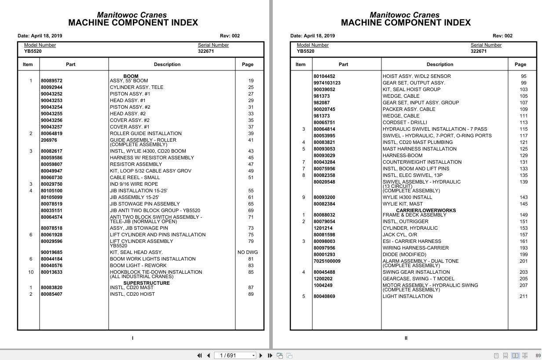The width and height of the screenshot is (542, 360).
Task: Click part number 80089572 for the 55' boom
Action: point(51,81)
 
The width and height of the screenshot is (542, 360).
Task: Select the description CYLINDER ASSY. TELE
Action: point(136,87)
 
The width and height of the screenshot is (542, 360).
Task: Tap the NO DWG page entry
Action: point(248,253)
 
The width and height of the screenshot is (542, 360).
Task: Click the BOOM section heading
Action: point(131,76)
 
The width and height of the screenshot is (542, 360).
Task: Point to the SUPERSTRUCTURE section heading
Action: point(146,283)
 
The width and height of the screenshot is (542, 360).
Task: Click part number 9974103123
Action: point(327,83)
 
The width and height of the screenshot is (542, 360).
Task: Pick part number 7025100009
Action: point(327,261)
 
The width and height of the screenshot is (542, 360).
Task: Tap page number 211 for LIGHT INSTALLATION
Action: point(524,297)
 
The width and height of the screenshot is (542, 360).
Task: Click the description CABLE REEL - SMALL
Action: point(135,178)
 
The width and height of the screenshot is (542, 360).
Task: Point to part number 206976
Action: point(49,140)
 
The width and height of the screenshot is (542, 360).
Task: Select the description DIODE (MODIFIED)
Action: point(404,255)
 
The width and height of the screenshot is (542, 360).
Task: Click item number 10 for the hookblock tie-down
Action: point(31,272)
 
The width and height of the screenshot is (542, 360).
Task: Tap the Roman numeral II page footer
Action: point(406,338)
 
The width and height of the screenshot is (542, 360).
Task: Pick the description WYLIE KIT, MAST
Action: point(402,204)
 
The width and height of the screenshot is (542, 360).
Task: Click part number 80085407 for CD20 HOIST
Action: point(51,294)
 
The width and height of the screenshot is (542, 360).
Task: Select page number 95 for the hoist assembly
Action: point(524,76)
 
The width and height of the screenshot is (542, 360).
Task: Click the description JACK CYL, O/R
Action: point(399,235)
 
